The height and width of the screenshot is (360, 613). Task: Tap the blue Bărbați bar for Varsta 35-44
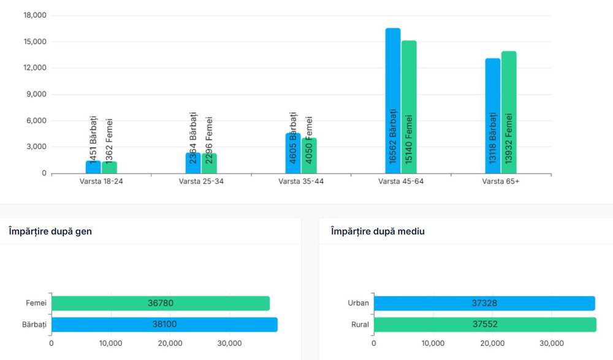[293, 153]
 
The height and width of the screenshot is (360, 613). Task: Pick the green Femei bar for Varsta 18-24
[109, 167]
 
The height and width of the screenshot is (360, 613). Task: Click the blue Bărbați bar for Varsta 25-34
[193, 163]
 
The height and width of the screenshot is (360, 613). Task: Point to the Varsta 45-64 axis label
[401, 182]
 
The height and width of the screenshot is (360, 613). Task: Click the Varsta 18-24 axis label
[102, 182]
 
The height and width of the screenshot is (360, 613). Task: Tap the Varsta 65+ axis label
[501, 182]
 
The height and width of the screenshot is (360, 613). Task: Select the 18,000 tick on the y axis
[35, 15]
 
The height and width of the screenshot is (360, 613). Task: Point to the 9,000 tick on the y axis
[36, 94]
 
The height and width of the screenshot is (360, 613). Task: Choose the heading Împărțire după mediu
[378, 231]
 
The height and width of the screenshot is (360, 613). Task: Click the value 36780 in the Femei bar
[161, 303]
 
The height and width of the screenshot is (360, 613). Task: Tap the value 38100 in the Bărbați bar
[164, 324]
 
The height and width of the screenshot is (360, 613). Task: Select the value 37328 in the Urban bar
[483, 303]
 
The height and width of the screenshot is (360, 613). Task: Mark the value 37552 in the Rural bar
[484, 324]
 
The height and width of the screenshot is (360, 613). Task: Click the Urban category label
[358, 303]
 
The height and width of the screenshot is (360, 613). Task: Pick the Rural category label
[360, 324]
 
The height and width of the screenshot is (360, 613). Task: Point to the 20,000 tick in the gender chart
[170, 343]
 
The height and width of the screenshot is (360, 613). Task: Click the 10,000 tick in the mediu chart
[433, 343]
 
